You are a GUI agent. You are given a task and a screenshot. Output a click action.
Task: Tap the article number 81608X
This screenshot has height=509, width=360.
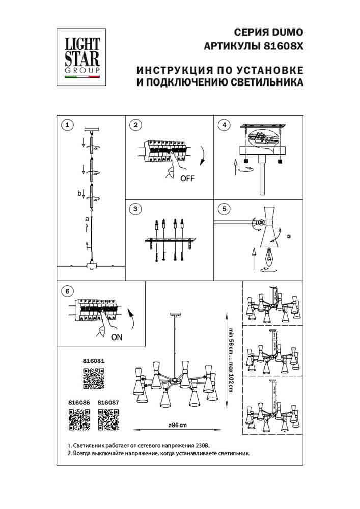281,45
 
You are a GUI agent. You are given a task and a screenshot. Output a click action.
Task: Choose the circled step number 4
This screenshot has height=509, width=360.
223,125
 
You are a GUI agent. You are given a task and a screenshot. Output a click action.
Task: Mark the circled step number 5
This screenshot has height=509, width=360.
223,209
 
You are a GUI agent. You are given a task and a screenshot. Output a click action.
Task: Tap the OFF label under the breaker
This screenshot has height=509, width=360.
187,178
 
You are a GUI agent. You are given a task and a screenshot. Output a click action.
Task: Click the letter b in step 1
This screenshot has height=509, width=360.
79,193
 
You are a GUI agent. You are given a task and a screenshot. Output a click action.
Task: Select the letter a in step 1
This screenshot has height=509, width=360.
87,219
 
